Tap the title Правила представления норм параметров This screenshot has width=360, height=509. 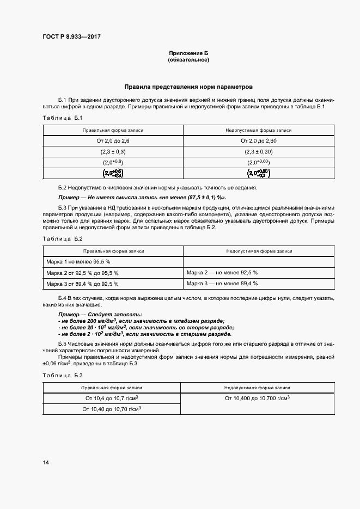[x=188, y=87]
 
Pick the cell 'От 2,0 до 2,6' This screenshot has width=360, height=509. [x=113, y=141]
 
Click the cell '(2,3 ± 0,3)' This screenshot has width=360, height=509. [x=113, y=152]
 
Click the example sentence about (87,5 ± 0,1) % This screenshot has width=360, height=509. [x=142, y=197]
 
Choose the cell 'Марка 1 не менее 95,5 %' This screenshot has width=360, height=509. [x=78, y=262]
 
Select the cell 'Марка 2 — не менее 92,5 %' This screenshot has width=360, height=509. [x=222, y=272]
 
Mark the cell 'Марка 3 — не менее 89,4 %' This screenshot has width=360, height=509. [x=222, y=284]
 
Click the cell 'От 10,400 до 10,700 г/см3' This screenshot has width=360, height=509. [x=257, y=398]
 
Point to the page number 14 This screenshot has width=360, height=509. [x=46, y=463]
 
